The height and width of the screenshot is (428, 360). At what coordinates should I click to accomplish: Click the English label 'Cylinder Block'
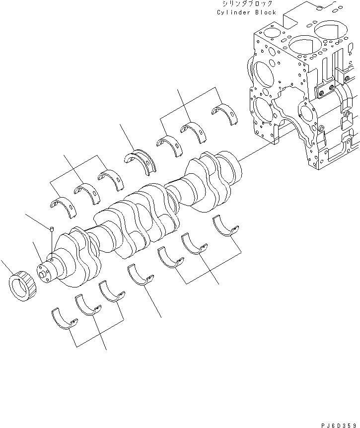246,12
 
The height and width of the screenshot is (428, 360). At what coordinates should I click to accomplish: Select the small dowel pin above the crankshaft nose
52,229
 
